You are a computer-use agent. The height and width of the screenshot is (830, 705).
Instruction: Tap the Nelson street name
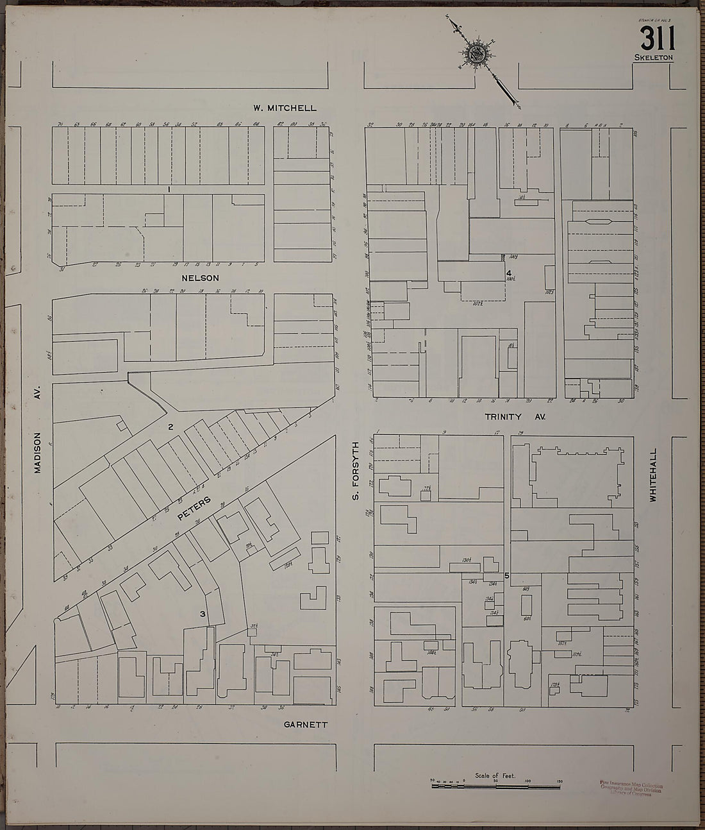(201, 278)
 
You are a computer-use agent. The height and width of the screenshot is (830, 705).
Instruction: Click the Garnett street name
(306, 724)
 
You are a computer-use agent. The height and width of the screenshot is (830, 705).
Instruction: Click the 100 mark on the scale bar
(527, 781)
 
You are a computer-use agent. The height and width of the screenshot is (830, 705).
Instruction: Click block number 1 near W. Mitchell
(168, 189)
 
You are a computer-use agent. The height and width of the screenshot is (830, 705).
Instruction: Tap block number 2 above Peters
(170, 427)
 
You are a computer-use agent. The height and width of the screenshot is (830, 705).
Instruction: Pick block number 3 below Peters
(203, 614)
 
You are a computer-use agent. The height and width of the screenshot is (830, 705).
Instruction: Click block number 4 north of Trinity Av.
(508, 273)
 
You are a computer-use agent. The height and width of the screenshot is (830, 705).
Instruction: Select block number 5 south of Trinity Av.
(506, 575)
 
